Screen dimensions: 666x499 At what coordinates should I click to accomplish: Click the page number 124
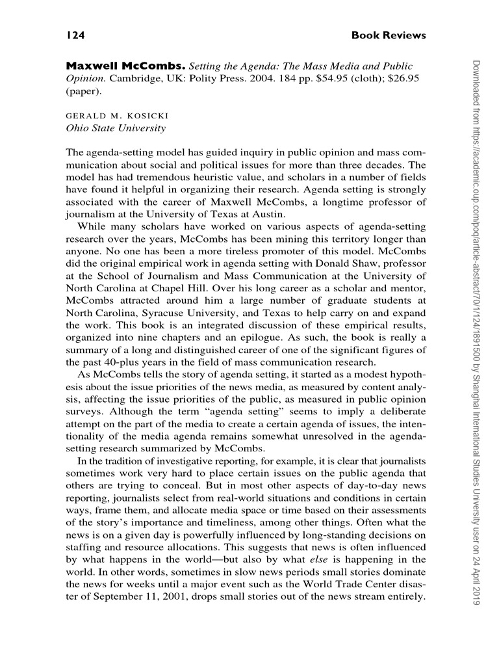(x=76, y=35)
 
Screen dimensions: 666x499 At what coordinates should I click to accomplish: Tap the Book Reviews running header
(x=389, y=35)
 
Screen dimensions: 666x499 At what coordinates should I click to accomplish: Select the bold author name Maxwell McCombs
(x=126, y=67)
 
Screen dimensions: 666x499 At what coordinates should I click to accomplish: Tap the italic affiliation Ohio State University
(x=116, y=128)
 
